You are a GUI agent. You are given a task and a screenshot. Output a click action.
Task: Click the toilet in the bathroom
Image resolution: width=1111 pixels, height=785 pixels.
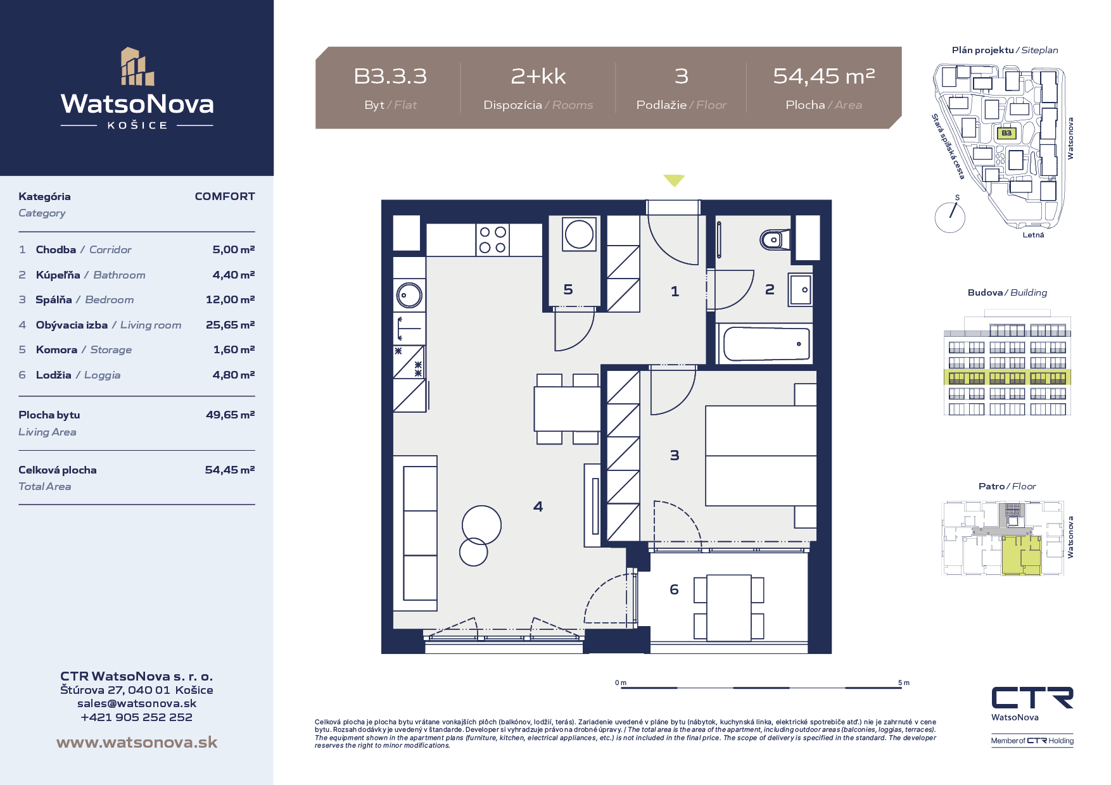(775, 239)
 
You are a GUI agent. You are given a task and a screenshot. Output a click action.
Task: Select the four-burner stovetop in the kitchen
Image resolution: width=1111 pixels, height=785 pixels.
(493, 240)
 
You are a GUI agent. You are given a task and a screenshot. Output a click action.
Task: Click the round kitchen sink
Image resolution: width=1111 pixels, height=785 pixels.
(409, 295)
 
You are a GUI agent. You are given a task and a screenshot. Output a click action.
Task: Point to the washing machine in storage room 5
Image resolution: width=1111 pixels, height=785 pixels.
(579, 234)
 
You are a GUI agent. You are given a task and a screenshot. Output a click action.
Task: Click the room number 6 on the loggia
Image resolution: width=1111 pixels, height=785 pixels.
(674, 589)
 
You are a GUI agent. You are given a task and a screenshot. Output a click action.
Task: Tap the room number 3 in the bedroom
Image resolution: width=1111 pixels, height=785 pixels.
(675, 455)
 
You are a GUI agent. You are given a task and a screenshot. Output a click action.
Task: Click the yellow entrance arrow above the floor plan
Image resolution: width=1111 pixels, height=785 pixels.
(674, 180)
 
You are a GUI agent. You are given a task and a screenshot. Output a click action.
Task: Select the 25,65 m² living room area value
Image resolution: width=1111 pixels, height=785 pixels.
(230, 325)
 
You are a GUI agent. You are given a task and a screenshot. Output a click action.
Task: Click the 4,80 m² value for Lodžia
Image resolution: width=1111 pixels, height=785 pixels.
(234, 375)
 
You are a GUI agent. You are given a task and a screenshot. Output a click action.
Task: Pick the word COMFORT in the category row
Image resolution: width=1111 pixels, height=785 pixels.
(225, 196)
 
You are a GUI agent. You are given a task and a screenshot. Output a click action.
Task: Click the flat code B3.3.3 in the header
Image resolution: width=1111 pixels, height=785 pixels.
(390, 76)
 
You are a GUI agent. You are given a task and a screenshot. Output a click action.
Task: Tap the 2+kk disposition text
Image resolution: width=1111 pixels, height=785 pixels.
(538, 76)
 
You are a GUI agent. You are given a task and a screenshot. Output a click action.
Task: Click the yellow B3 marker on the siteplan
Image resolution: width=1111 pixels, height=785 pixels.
(1006, 133)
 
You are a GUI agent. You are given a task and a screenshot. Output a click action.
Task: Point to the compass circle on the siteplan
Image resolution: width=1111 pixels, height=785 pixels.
(949, 217)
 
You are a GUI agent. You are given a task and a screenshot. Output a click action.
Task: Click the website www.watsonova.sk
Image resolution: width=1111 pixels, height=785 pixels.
(137, 742)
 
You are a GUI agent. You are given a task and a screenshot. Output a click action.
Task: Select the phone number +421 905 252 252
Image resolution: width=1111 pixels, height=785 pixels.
(137, 717)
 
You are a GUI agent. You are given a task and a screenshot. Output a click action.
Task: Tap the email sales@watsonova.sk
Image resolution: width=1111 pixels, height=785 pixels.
(137, 703)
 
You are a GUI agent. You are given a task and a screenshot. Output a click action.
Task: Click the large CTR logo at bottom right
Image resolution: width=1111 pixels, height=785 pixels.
(1032, 698)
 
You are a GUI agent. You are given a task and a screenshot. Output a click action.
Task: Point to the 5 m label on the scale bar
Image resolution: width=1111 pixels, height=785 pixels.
(904, 682)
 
